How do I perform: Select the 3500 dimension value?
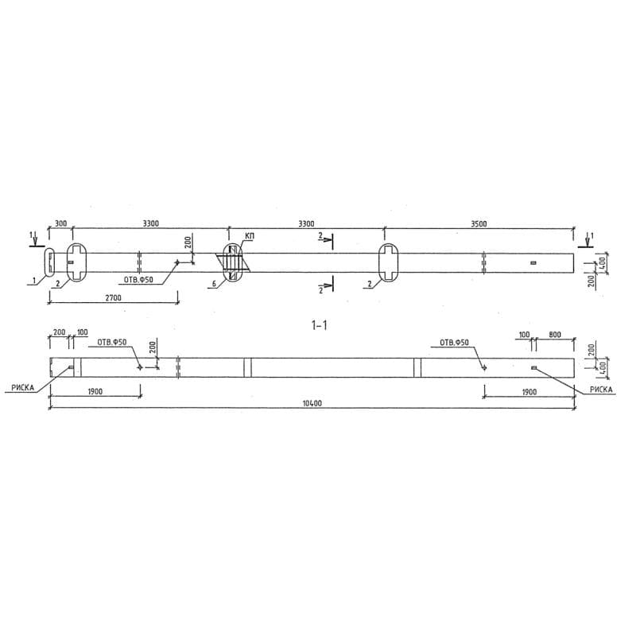pyautogui.click(x=479, y=224)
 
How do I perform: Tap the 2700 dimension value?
pyautogui.click(x=113, y=297)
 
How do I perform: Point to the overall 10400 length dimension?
pyautogui.click(x=313, y=403)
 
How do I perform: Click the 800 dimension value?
pyautogui.click(x=554, y=335)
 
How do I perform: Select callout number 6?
pyautogui.click(x=214, y=284)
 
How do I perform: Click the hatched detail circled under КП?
pyautogui.click(x=232, y=262)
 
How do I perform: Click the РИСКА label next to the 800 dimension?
pyautogui.click(x=602, y=390)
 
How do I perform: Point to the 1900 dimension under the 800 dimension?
pyautogui.click(x=529, y=392)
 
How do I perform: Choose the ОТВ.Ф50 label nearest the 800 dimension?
pyautogui.click(x=454, y=343)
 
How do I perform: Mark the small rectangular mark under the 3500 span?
pyautogui.click(x=533, y=262)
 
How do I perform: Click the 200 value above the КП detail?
pyautogui.click(x=188, y=242)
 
